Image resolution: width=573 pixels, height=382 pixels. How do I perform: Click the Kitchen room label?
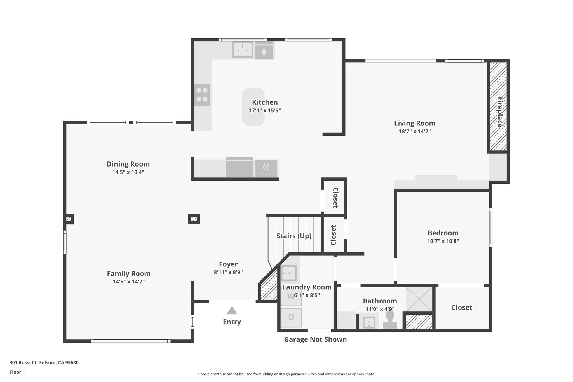[265, 102]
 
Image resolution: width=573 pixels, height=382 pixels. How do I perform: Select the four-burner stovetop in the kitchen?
[202, 95]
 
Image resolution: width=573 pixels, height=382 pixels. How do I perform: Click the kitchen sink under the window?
[243, 50]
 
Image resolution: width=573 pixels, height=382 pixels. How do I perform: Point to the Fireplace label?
[500, 112]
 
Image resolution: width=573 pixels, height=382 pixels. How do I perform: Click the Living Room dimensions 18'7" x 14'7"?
[414, 131]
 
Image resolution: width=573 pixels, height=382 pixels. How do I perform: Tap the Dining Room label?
[128, 164]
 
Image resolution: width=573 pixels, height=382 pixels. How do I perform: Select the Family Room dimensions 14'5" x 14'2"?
[129, 282]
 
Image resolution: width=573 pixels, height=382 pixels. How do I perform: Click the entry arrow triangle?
[232, 311]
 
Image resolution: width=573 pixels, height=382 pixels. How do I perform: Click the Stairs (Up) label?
[294, 236]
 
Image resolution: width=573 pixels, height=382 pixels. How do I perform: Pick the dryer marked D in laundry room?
[291, 318]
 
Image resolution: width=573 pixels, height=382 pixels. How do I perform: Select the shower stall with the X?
[419, 299]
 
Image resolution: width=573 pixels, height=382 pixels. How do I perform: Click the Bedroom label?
[443, 233]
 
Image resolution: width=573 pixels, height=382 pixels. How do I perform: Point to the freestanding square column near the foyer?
[194, 219]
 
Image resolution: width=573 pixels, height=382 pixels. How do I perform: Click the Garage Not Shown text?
[315, 339]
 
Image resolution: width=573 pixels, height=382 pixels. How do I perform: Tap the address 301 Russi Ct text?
[44, 363]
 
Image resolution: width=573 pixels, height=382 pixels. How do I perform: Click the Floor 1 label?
[17, 372]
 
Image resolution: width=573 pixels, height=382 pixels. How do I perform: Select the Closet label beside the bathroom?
[462, 308]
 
